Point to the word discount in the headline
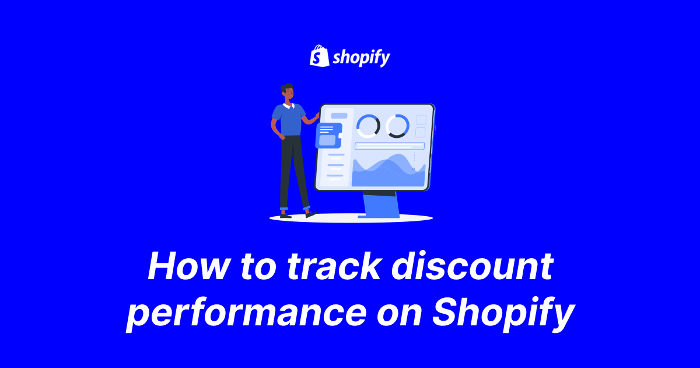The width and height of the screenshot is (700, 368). tap(472, 266)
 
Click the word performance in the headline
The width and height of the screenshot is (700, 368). tap(246, 314)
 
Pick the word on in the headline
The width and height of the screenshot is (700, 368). tap(400, 314)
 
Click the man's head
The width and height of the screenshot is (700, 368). tap(287, 92)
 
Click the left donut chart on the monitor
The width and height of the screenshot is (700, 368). tap(369, 126)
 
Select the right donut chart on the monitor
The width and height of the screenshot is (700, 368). tap(397, 126)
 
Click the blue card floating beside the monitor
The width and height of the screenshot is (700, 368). tap(328, 136)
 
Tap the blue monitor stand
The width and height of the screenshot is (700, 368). tap(381, 205)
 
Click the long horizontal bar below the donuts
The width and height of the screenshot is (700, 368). tap(390, 146)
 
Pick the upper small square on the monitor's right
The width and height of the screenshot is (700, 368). tap(421, 120)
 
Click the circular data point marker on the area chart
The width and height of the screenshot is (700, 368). tap(414, 169)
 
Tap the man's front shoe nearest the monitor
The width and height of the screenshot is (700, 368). tap(310, 215)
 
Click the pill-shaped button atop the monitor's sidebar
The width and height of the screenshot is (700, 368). tap(339, 116)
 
